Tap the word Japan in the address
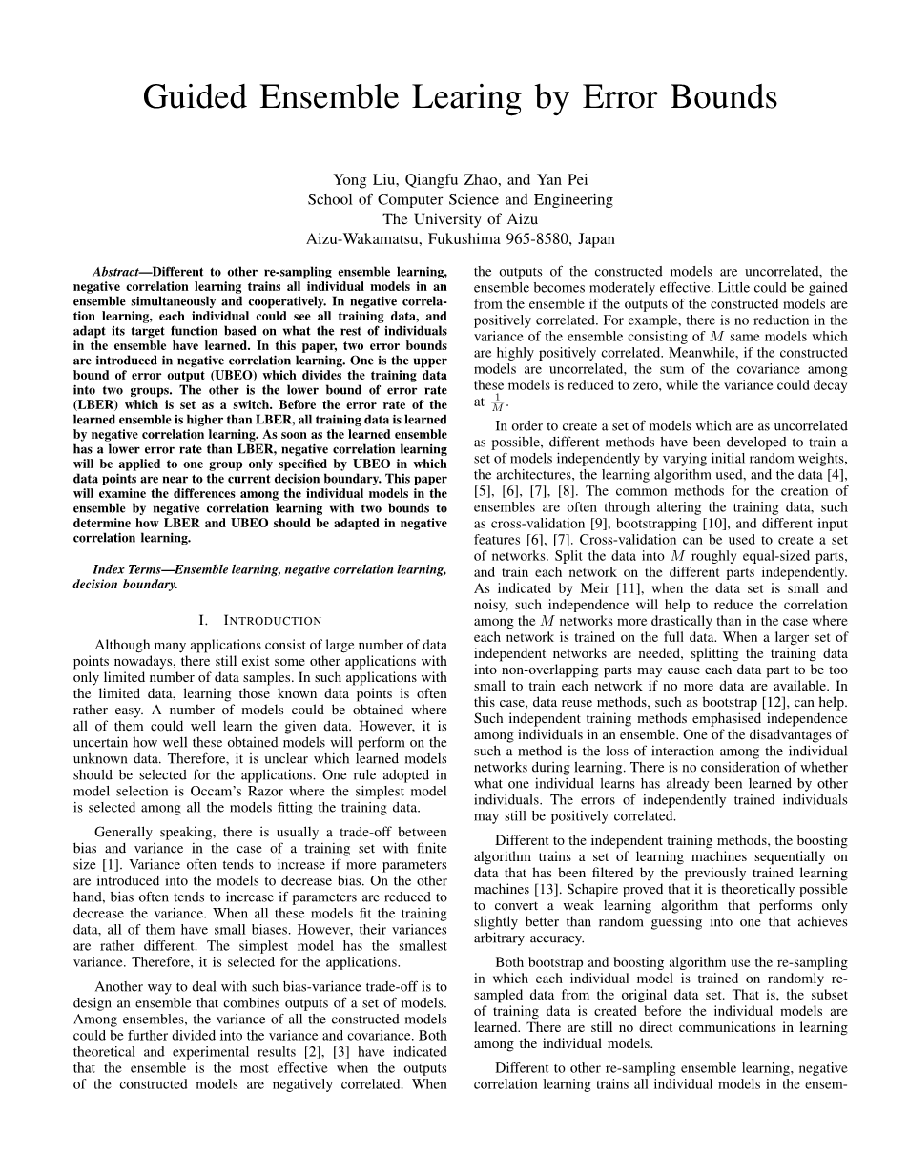pos(593,239)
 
